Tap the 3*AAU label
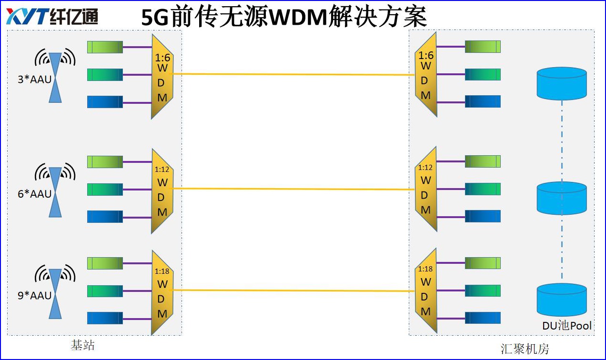click(34, 80)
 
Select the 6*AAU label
click(34, 194)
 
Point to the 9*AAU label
click(34, 296)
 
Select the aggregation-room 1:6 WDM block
click(426, 75)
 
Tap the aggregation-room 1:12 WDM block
click(426, 189)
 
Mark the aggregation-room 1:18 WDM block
click(426, 291)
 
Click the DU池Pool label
click(567, 326)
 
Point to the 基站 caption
click(83, 345)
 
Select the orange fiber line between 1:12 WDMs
click(293, 189)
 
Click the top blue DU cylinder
click(561, 83)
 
